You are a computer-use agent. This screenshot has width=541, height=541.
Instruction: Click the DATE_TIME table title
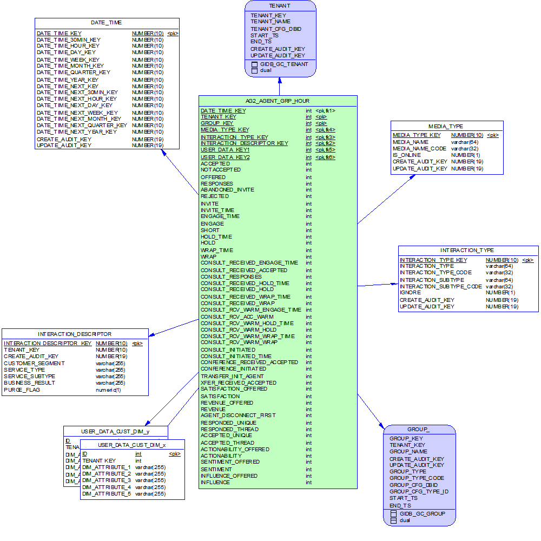tap(107, 23)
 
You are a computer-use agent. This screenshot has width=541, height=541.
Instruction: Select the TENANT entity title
tap(280, 5)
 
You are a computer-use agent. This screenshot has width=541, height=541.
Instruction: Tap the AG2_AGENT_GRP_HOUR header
tap(278, 101)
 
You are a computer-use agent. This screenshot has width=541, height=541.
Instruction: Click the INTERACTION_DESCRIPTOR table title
tap(75, 334)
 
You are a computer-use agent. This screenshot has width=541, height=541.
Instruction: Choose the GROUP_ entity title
tap(419, 430)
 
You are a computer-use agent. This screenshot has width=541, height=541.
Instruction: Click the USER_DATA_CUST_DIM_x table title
tap(132, 445)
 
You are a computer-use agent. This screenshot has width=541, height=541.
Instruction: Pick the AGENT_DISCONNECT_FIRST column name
tap(238, 415)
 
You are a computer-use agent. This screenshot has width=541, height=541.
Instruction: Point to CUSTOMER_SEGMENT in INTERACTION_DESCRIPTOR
tap(34, 363)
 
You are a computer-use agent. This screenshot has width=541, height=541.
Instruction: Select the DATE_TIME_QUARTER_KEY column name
tap(73, 72)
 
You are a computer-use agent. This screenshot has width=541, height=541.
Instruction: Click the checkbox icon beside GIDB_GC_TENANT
tap(254, 64)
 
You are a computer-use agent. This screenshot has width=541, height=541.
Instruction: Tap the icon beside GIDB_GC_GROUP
tap(393, 513)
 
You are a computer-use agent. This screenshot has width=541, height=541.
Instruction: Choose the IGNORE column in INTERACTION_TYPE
tap(410, 293)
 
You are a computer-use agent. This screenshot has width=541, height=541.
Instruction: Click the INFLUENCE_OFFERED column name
tap(229, 476)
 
